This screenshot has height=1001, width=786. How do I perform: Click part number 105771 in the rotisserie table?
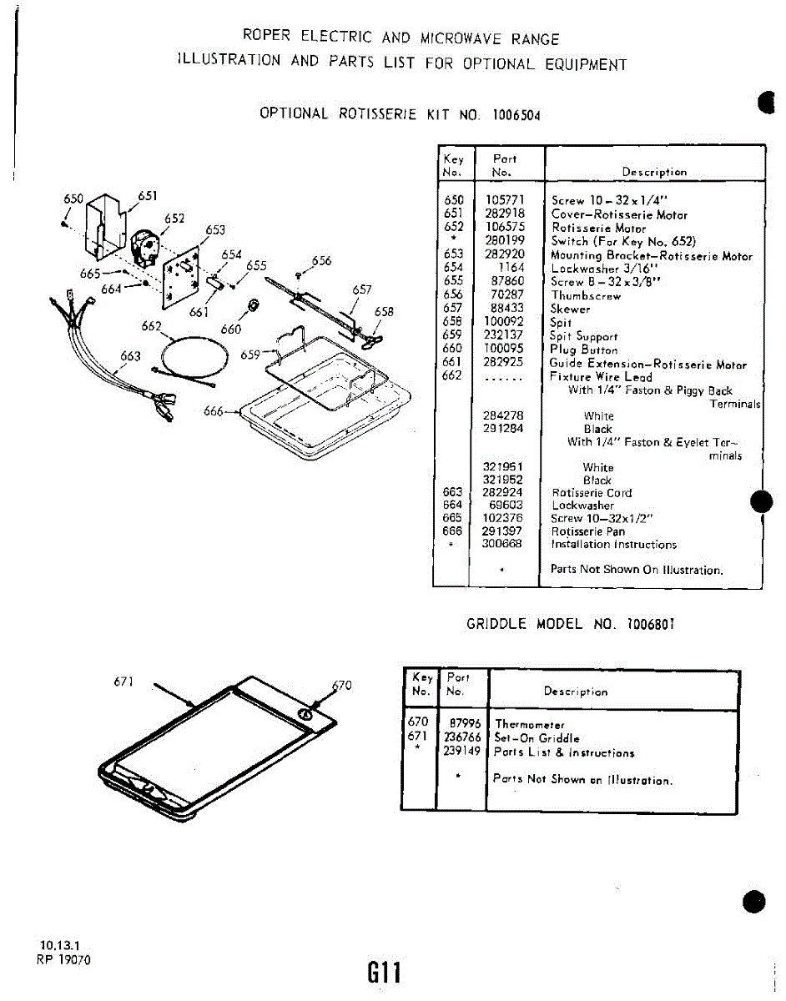[x=504, y=201]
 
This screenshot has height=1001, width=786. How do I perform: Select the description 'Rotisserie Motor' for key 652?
[x=598, y=228]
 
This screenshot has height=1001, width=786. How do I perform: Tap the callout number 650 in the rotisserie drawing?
[x=73, y=199]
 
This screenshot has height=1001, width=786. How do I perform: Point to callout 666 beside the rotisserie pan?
[x=214, y=411]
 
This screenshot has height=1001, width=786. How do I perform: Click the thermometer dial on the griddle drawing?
[x=305, y=714]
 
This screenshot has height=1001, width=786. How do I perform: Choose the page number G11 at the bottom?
[x=385, y=972]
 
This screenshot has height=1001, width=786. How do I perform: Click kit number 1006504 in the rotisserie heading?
[x=516, y=114]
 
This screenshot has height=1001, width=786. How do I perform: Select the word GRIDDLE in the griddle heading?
[x=496, y=624]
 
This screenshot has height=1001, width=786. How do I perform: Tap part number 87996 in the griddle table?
[x=465, y=725]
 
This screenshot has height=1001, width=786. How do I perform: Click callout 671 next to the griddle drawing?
[x=123, y=682]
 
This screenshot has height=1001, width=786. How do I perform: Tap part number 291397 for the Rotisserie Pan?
[x=502, y=531]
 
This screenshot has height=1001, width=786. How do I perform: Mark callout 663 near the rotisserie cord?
[x=130, y=356]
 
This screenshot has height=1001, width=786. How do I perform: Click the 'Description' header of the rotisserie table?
[x=654, y=173]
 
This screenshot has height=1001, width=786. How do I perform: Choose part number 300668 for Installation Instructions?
[x=502, y=545]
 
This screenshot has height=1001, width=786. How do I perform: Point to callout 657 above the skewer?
[x=361, y=289]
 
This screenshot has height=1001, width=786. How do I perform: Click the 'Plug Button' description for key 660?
[x=583, y=350]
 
